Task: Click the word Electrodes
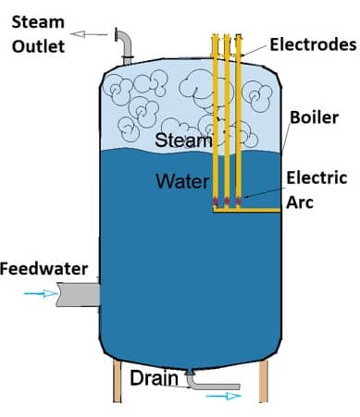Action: [313, 43]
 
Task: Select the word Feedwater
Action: [43, 269]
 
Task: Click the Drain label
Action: [148, 377]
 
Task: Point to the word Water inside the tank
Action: [182, 180]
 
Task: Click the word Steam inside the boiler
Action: [183, 141]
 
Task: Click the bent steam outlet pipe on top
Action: [124, 41]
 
